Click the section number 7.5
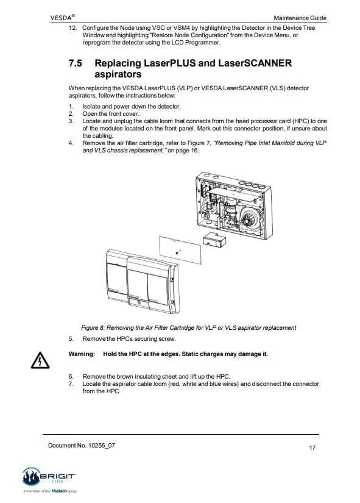[x=76, y=63]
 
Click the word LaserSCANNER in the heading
[x=255, y=63]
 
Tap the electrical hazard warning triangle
[x=40, y=360]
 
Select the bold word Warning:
[x=82, y=354]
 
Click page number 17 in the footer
[x=312, y=448]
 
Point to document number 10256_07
[x=102, y=445]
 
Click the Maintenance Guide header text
[x=300, y=18]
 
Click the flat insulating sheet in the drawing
[x=180, y=250]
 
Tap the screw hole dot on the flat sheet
[x=177, y=253]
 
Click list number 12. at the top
[x=72, y=28]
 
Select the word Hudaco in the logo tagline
[x=59, y=491]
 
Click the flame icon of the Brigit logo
[x=31, y=476]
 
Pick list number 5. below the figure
[x=71, y=339]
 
